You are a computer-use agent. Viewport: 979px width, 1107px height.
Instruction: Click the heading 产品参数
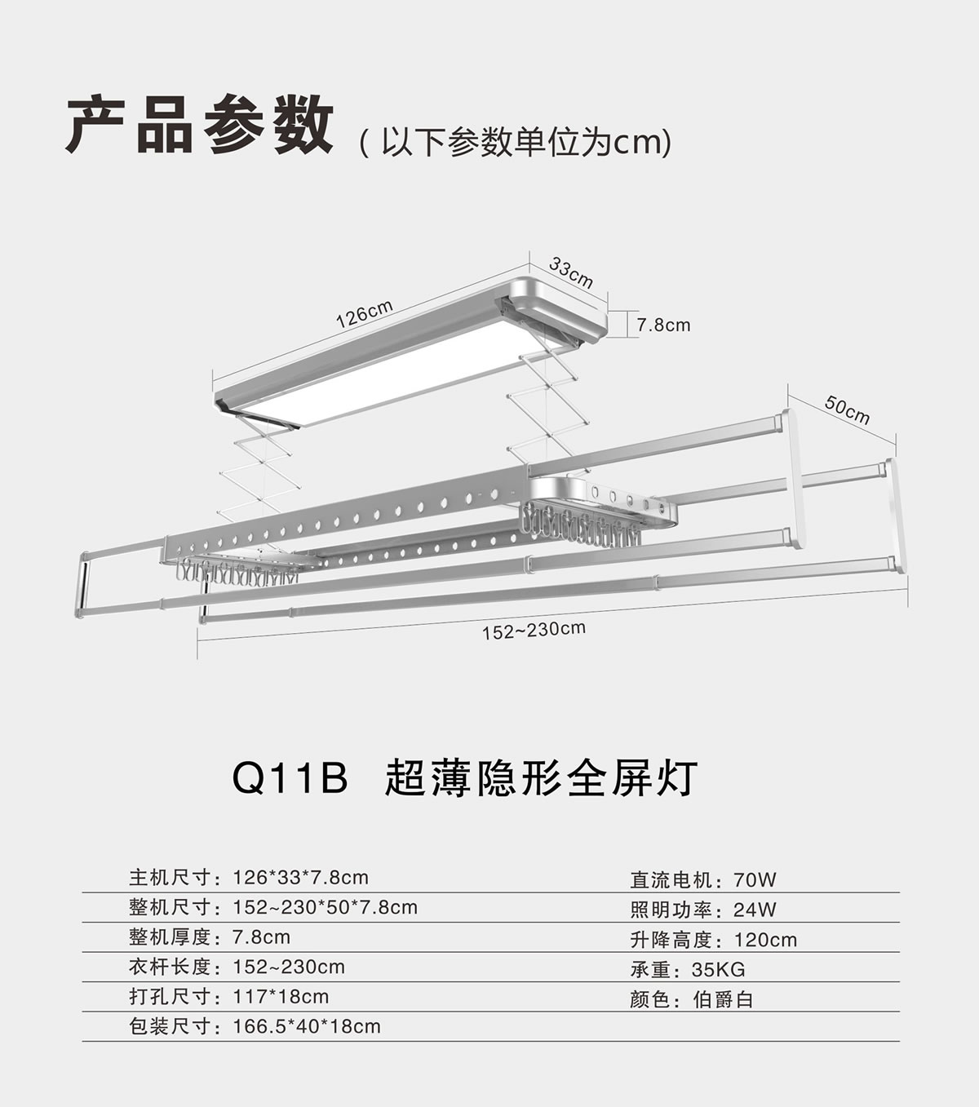(x=199, y=125)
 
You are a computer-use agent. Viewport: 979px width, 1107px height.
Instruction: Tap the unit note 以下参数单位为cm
(x=516, y=143)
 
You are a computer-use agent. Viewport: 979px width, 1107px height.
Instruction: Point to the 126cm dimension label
(x=365, y=314)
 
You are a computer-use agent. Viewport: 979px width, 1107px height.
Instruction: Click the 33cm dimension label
(x=570, y=272)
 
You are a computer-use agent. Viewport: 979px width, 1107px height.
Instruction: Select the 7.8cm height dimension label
(x=663, y=325)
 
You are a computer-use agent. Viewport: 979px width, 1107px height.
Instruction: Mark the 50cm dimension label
(x=847, y=410)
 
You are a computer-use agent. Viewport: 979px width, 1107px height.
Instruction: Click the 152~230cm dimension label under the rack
(x=534, y=630)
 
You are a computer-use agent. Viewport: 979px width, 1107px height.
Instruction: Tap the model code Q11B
(x=290, y=778)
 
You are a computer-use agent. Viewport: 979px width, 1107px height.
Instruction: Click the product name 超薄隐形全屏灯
(x=540, y=778)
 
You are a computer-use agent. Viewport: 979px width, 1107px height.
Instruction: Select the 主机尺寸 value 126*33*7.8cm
(x=300, y=878)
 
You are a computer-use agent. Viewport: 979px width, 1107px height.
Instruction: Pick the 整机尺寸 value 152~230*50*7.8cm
(x=325, y=907)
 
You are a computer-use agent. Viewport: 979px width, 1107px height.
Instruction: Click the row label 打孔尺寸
(x=170, y=997)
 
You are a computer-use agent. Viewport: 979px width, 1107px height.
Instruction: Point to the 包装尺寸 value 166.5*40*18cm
(x=307, y=1026)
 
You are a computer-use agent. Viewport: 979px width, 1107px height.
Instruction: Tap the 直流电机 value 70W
(x=755, y=880)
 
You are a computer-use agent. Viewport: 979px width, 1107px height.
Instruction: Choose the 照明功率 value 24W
(x=755, y=910)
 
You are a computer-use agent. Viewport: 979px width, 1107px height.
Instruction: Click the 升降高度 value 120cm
(x=765, y=940)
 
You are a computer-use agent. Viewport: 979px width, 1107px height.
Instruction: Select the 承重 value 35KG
(x=718, y=970)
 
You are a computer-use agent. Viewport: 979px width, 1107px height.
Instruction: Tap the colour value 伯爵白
(x=723, y=999)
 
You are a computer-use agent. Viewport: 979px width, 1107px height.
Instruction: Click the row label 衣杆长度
(x=170, y=967)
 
